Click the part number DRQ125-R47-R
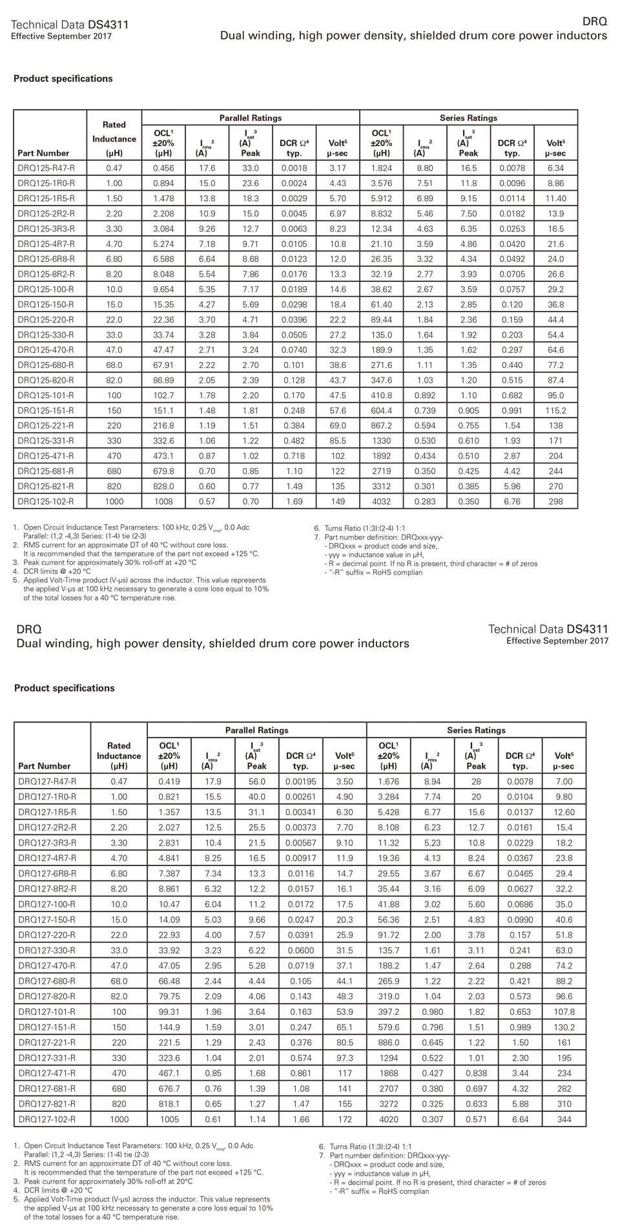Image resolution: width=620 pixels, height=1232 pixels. point(46,168)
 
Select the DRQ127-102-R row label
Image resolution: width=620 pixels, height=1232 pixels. point(46,1119)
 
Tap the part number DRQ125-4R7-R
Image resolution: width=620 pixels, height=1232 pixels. point(46,244)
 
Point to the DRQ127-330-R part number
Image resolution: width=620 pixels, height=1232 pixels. point(46,950)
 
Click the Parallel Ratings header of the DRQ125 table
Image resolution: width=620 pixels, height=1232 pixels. point(251,118)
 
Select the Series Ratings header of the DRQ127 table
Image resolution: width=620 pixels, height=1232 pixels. point(476,730)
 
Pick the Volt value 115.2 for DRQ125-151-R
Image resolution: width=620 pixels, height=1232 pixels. point(555,410)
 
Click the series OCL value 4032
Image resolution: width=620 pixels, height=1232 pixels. point(382,501)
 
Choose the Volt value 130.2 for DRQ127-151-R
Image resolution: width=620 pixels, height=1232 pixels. point(564,1027)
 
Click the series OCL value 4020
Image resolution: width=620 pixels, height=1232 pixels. point(388,1119)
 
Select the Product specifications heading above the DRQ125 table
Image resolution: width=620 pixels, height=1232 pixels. point(63,79)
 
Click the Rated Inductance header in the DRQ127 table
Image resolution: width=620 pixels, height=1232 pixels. point(119,756)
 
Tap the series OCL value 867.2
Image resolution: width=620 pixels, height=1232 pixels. point(382,425)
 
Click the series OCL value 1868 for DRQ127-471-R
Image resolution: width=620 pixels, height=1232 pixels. point(388,1073)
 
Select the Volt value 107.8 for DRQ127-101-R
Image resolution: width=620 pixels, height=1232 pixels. point(564,1012)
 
